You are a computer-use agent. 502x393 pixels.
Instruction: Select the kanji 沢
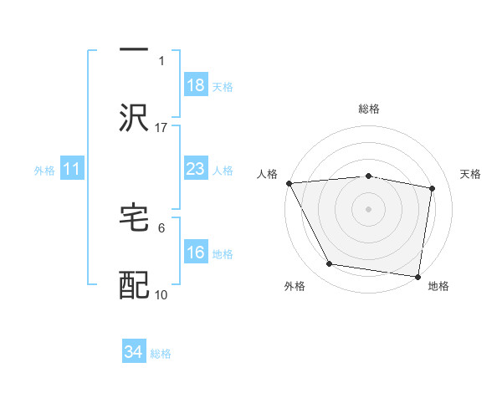[134, 119]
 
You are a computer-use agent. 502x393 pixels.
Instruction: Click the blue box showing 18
[196, 85]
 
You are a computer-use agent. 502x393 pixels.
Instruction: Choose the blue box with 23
[196, 170]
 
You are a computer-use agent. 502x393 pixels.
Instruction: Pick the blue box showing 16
[196, 253]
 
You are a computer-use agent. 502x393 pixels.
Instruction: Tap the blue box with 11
[72, 170]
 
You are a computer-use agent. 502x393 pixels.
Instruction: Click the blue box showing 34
[134, 352]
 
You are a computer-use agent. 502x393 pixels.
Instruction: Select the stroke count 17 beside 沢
[161, 127]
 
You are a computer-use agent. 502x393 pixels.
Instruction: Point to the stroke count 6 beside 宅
[161, 227]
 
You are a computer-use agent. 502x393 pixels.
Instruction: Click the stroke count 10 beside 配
[161, 294]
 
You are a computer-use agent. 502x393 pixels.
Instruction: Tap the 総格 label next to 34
[161, 354]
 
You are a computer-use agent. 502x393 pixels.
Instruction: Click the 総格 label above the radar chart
[369, 109]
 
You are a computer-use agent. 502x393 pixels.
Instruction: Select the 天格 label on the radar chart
[471, 174]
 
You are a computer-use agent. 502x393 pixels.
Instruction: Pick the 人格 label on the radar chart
[267, 174]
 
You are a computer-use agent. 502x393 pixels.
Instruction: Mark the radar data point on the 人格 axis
[289, 183]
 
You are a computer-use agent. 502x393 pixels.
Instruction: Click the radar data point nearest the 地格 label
[418, 276]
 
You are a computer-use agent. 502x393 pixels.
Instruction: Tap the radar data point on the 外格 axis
[330, 264]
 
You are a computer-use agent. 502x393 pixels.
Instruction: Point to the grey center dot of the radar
[369, 209]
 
